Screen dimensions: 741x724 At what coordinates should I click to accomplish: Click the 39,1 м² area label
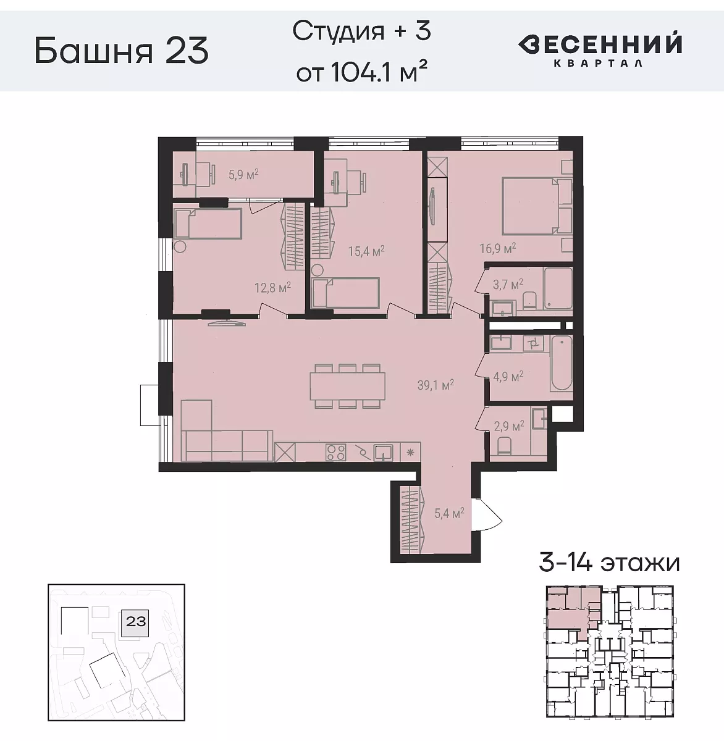click(x=436, y=385)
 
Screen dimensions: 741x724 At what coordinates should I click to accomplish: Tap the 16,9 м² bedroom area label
click(x=497, y=249)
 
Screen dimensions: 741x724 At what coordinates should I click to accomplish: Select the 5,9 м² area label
click(x=243, y=175)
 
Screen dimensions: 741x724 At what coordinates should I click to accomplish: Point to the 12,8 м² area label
click(x=272, y=287)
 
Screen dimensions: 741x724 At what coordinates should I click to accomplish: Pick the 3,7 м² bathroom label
click(x=508, y=284)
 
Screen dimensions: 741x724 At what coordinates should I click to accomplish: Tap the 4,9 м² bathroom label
click(x=508, y=375)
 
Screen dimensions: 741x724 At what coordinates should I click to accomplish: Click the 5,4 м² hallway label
click(x=449, y=513)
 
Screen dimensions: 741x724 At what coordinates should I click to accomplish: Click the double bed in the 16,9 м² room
click(x=531, y=206)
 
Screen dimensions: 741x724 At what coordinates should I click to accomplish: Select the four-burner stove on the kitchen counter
click(x=335, y=453)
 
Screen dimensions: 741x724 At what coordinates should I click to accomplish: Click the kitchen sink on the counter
click(x=384, y=453)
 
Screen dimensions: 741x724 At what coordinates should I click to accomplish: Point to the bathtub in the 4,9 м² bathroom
click(x=562, y=363)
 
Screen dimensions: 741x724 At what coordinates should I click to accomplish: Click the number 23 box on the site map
click(x=136, y=621)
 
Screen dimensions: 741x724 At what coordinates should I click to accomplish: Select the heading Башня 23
click(x=122, y=51)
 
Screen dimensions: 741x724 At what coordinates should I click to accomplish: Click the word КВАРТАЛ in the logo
click(x=597, y=62)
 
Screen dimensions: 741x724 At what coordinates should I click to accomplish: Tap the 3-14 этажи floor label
click(x=609, y=563)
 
